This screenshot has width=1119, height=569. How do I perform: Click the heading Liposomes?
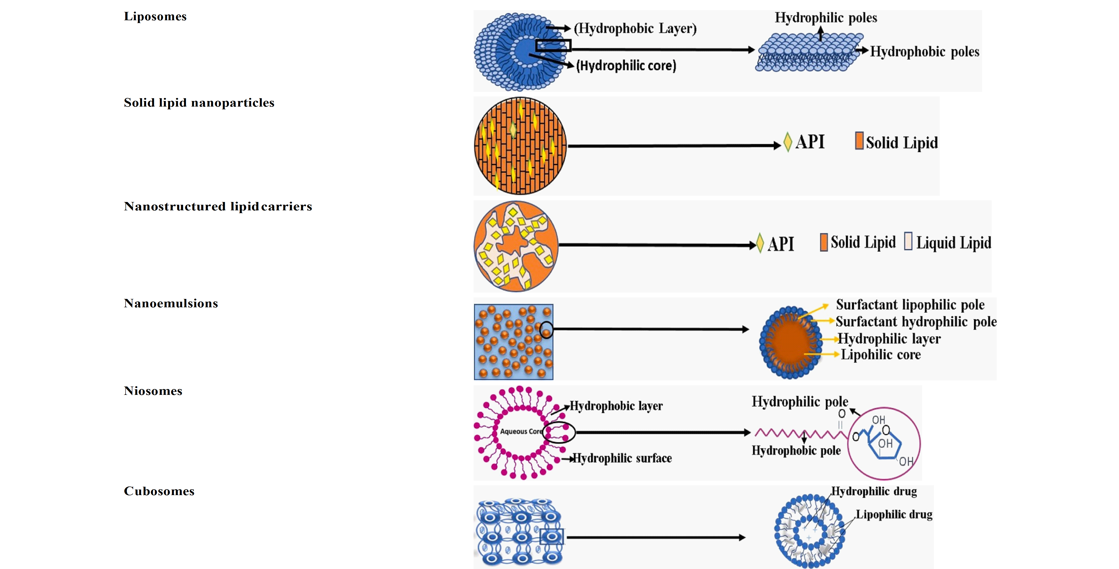[x=155, y=16]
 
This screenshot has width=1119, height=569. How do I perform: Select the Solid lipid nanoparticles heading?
[x=199, y=103]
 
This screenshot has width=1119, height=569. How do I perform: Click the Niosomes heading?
[x=153, y=391]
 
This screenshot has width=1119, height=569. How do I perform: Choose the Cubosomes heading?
[x=159, y=491]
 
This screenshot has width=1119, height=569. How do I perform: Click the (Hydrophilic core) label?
[x=626, y=66]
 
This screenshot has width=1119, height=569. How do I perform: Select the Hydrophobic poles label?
[x=924, y=52]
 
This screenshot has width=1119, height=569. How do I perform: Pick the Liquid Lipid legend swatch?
[x=908, y=241]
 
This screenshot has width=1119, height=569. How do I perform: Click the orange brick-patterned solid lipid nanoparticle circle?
[x=520, y=146]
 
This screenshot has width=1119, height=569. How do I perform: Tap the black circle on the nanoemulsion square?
[x=546, y=330]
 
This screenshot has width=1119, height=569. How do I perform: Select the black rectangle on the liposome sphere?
[x=553, y=45]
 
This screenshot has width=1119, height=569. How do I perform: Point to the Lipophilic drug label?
[x=894, y=514]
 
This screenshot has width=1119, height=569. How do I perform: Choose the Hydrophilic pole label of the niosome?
[x=800, y=401]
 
